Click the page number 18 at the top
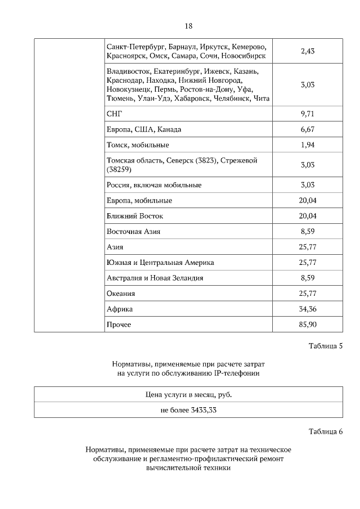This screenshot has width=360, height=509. (188, 26)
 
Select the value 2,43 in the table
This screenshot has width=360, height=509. (307, 51)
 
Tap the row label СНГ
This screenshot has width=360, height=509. (114, 114)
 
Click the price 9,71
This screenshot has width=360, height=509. (307, 114)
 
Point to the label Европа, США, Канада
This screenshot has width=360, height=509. (143, 129)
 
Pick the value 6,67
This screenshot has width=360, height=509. (307, 129)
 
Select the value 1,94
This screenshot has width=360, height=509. (307, 145)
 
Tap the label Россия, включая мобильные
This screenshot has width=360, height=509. (154, 184)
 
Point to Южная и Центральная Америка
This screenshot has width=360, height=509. (160, 263)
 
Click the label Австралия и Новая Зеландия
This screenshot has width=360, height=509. (155, 278)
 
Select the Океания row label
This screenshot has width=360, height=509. (120, 294)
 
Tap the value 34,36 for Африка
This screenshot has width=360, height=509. (307, 309)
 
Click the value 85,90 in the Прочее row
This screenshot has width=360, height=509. (307, 325)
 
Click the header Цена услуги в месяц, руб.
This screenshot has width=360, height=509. (188, 394)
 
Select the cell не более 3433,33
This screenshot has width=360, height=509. (188, 410)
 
